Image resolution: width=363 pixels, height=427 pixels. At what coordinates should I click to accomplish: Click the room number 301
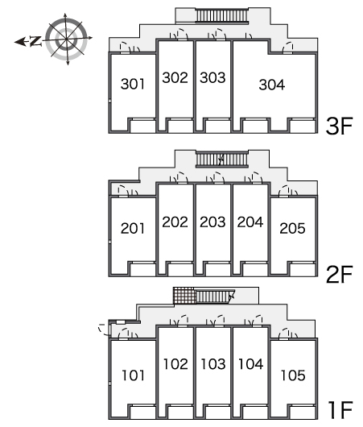point(133,84)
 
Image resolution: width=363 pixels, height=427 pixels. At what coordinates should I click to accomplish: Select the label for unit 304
point(272,85)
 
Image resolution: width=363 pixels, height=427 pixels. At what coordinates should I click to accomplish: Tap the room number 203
point(212,222)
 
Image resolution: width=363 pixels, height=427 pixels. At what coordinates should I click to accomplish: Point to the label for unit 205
point(292,228)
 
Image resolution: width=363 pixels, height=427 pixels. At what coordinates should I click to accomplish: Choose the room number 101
point(133,375)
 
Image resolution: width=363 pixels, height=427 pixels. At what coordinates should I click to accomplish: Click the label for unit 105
point(293,375)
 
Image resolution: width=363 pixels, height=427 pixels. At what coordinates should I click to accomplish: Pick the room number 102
point(175,364)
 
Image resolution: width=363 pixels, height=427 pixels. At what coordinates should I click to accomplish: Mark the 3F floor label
point(339,126)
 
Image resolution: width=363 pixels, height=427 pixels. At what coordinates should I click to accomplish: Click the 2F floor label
point(339,274)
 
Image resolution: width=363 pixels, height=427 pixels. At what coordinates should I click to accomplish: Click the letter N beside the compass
point(35,41)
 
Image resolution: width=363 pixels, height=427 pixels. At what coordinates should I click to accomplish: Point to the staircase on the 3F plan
point(222,15)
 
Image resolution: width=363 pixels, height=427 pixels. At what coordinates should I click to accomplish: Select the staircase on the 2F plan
point(222,159)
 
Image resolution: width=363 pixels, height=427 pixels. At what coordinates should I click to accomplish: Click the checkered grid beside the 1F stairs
point(184,296)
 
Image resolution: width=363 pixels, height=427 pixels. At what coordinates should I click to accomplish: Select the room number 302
point(175,77)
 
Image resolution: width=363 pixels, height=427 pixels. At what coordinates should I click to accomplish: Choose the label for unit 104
point(250,364)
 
